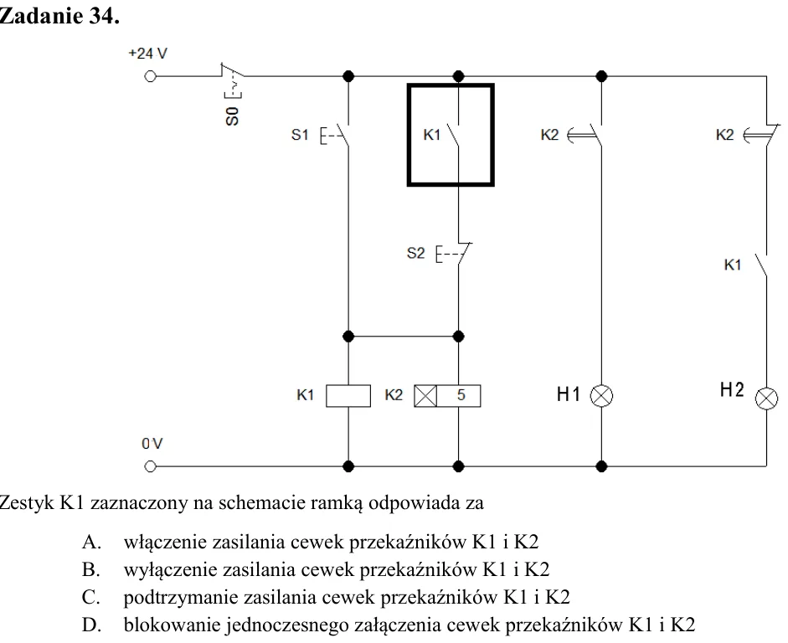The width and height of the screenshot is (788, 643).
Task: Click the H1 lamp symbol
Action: point(601,396)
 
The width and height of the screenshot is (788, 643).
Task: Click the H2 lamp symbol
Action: point(766,399)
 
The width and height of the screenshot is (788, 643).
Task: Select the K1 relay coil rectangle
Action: point(348,396)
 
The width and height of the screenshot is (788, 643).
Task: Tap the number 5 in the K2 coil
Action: point(461,395)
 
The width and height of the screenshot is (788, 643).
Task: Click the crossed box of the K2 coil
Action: point(425,396)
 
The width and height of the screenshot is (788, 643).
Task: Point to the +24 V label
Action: point(147,54)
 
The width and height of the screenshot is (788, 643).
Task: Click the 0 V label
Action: point(152,444)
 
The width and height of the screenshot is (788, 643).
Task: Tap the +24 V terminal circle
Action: point(150,76)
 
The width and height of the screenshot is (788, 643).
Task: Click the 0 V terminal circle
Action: point(150,466)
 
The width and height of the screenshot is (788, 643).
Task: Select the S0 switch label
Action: point(232,116)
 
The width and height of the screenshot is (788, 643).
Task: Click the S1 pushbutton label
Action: point(300,135)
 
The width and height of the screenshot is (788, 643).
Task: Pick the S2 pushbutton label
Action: point(415,253)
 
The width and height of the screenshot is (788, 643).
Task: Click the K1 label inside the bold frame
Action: point(432,135)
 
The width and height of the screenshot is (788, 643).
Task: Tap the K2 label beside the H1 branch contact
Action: point(549,135)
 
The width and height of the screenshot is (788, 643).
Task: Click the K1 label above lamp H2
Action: point(733,265)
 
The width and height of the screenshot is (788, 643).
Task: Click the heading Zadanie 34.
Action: point(59,16)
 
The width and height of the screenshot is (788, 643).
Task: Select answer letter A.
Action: point(92,542)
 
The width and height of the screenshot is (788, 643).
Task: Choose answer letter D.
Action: point(92,625)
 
